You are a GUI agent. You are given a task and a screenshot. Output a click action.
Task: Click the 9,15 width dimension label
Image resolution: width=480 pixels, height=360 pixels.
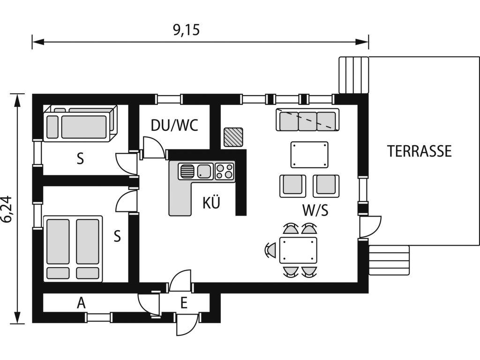tap(187, 30)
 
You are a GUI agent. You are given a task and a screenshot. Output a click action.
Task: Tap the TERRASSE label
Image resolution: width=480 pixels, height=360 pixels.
tap(419, 151)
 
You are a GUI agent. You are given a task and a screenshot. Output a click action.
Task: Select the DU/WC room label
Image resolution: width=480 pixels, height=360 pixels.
tap(174, 125)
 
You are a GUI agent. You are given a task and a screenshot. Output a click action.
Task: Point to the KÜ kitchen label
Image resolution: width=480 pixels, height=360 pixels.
tap(211, 203)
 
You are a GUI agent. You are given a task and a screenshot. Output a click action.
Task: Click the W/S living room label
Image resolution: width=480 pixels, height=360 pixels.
tap(315, 210)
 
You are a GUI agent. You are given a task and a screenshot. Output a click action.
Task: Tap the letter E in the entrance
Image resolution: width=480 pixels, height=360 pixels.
tap(184, 303)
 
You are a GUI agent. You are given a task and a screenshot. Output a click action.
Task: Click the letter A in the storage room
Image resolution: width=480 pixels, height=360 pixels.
tap(82, 303)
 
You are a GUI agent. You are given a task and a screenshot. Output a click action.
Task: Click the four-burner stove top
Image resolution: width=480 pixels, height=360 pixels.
tap(224, 171)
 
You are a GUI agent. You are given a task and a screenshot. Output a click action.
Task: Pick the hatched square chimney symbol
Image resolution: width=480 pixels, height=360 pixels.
tap(233, 137)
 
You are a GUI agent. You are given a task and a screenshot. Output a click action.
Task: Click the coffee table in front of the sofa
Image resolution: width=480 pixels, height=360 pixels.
tap(309, 154)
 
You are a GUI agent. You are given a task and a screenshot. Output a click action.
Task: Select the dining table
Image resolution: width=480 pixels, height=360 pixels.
tap(298, 250)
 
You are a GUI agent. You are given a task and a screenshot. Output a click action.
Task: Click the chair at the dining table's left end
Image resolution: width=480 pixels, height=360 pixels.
tap(271, 250)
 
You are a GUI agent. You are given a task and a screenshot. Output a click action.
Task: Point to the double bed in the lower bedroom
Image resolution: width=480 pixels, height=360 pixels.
tap(73, 248)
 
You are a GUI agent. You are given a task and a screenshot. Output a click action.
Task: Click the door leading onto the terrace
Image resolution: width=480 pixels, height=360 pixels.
tap(370, 227)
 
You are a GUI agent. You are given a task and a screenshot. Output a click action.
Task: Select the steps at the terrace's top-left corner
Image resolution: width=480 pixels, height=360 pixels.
tap(353, 75)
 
